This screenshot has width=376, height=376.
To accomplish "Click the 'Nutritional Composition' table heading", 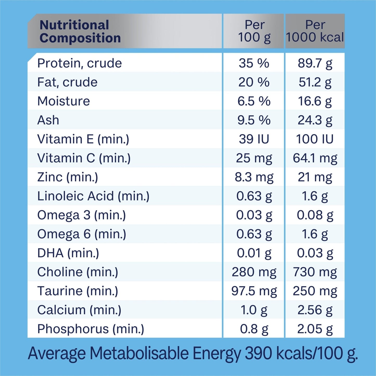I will pyautogui.click(x=80, y=31).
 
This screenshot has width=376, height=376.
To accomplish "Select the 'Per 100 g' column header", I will pyautogui.click(x=254, y=31).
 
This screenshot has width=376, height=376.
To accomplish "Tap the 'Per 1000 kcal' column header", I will pyautogui.click(x=315, y=31).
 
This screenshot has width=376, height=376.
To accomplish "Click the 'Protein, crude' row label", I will pyautogui.click(x=79, y=63).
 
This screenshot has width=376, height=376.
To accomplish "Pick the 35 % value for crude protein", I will pyautogui.click(x=254, y=63).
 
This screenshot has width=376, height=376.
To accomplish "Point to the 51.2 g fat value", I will pyautogui.click(x=315, y=82).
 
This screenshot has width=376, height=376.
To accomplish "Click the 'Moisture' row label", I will pyautogui.click(x=63, y=101).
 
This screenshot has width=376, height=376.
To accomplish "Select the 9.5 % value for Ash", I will pyautogui.click(x=254, y=120).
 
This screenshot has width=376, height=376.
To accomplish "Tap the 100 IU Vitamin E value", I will pyautogui.click(x=315, y=139).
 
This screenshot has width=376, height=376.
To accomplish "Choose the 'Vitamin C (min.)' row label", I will pyautogui.click(x=84, y=158).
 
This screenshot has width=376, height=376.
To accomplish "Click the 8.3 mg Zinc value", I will pyautogui.click(x=254, y=177).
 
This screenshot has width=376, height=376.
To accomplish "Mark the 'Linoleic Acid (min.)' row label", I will pyautogui.click(x=93, y=196).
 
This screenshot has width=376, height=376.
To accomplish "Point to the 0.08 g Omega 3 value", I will pyautogui.click(x=315, y=215).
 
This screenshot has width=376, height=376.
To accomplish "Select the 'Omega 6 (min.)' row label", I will pyautogui.click(x=81, y=234).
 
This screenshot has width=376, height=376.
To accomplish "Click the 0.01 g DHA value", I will pyautogui.click(x=254, y=253).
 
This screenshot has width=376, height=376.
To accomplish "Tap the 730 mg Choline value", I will pyautogui.click(x=315, y=272).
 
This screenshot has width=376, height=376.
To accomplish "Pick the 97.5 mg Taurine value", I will pyautogui.click(x=254, y=291).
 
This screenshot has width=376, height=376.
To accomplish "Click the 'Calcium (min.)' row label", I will pyautogui.click(x=79, y=310).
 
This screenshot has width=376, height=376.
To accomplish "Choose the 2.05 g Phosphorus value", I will pyautogui.click(x=315, y=329).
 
